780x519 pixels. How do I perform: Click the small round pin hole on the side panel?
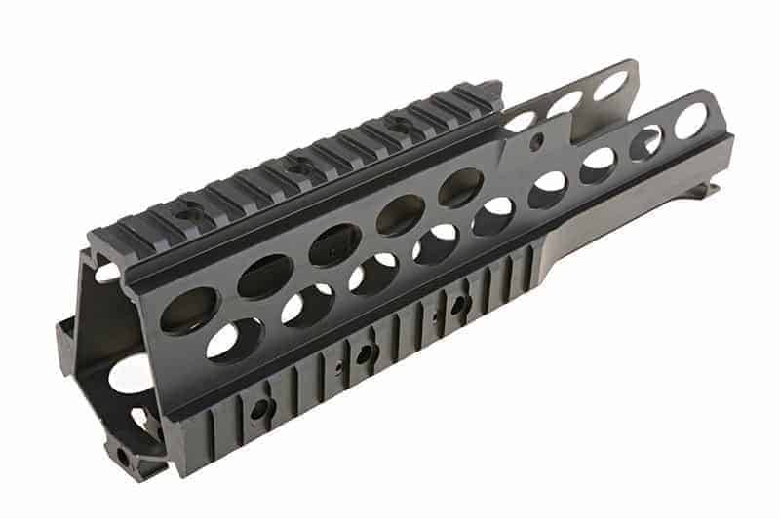click(535, 144)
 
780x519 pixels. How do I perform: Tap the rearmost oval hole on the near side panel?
click(690, 120)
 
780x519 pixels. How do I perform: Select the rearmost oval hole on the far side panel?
click(610, 86)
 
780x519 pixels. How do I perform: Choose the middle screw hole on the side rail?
click(363, 355)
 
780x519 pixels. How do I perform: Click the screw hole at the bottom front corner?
click(125, 454)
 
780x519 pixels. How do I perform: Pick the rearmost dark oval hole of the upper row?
click(460, 188)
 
